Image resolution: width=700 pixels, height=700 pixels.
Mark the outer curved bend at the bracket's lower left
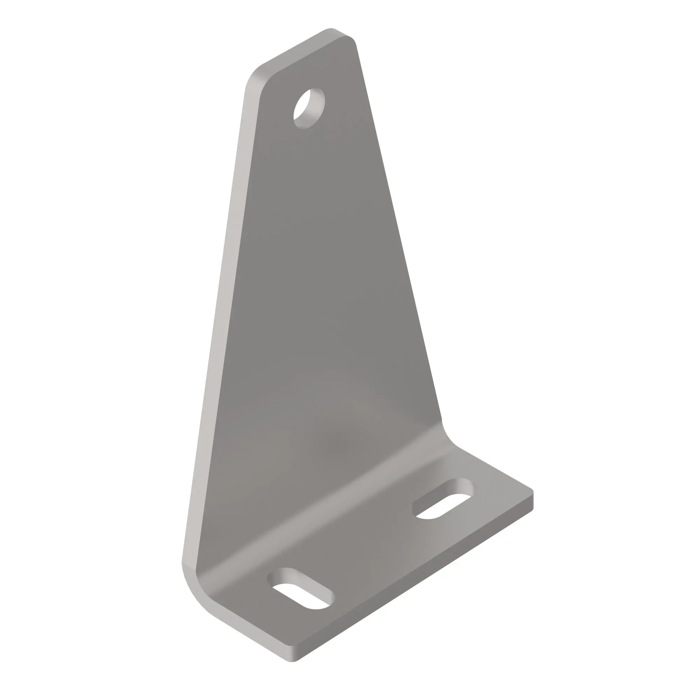pyautogui.click(x=196, y=594)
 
